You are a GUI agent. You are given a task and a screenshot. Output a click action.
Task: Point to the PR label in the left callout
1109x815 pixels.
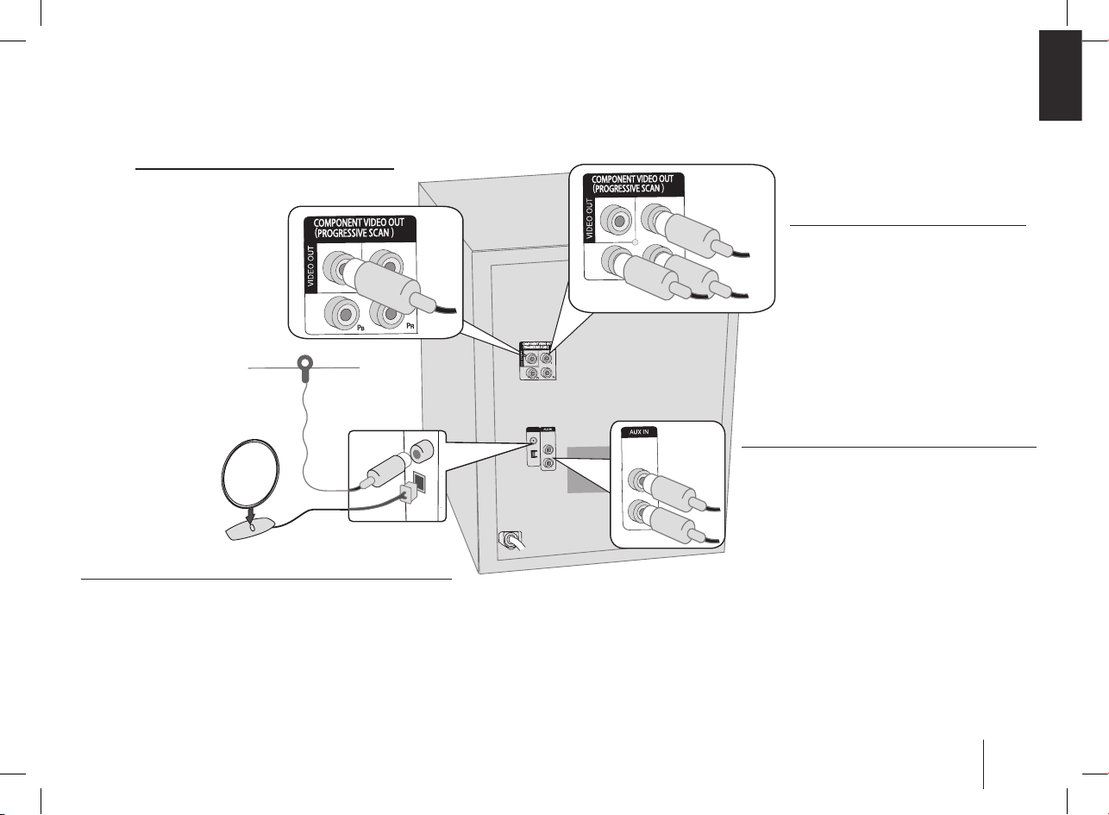pyautogui.click(x=413, y=329)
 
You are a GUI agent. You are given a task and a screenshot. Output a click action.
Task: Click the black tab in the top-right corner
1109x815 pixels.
pyautogui.click(x=1060, y=76)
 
